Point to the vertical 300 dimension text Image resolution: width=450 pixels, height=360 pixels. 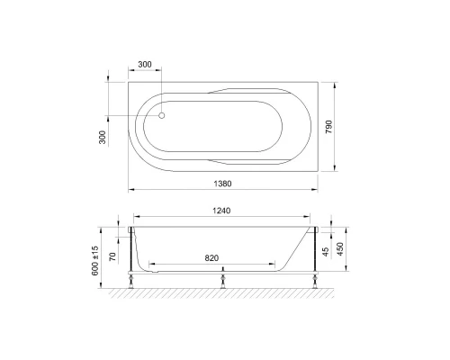[x=103, y=136]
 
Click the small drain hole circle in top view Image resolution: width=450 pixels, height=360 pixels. [x=162, y=114]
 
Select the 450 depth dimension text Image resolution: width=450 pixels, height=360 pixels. [x=342, y=248]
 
